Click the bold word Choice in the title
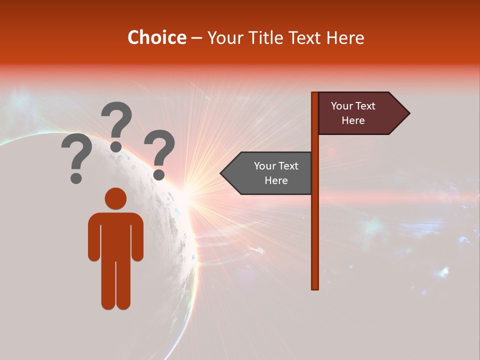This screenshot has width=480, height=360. [156, 37]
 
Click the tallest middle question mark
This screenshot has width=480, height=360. [117, 122]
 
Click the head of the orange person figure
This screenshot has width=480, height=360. [115, 198]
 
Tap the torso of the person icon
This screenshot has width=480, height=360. [115, 235]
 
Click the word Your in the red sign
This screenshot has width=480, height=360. [341, 106]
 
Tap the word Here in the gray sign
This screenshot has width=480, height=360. [276, 180]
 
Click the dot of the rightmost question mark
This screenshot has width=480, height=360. [158, 174]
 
